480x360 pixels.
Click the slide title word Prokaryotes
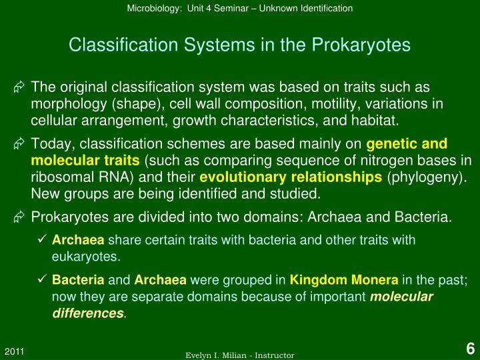pyautogui.click(x=367, y=45)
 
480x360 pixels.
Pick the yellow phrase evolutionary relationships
pyautogui.click(x=291, y=177)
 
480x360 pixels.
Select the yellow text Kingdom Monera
pyautogui.click(x=344, y=280)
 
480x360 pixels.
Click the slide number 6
pyautogui.click(x=469, y=349)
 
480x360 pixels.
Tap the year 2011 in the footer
pyautogui.click(x=15, y=350)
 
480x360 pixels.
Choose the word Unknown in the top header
pyautogui.click(x=283, y=8)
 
